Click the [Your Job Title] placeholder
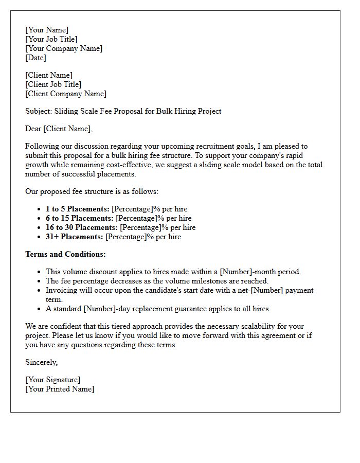pos(51,39)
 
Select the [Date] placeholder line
pos(35,58)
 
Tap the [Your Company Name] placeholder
pos(64,48)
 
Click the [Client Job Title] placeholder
pos(53,84)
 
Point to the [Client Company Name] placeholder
pos(66,94)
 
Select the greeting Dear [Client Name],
pos(59,128)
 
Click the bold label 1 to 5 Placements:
pos(78,209)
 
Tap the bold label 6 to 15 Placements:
pos(80,218)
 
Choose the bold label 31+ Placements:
pos(75,237)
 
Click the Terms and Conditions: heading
pos(65,254)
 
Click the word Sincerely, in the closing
pos(42,362)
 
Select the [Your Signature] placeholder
pos(52,380)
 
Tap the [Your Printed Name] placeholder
pos(60,389)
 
